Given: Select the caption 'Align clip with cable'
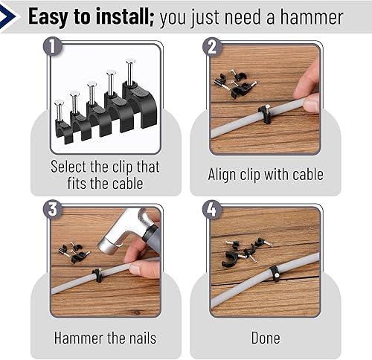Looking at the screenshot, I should click(265, 175).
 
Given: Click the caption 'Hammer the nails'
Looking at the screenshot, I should click(105, 338).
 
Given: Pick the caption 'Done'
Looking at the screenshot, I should click(265, 338).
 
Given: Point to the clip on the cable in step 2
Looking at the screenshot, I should click(264, 113).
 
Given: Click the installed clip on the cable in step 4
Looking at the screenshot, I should click(274, 273).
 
